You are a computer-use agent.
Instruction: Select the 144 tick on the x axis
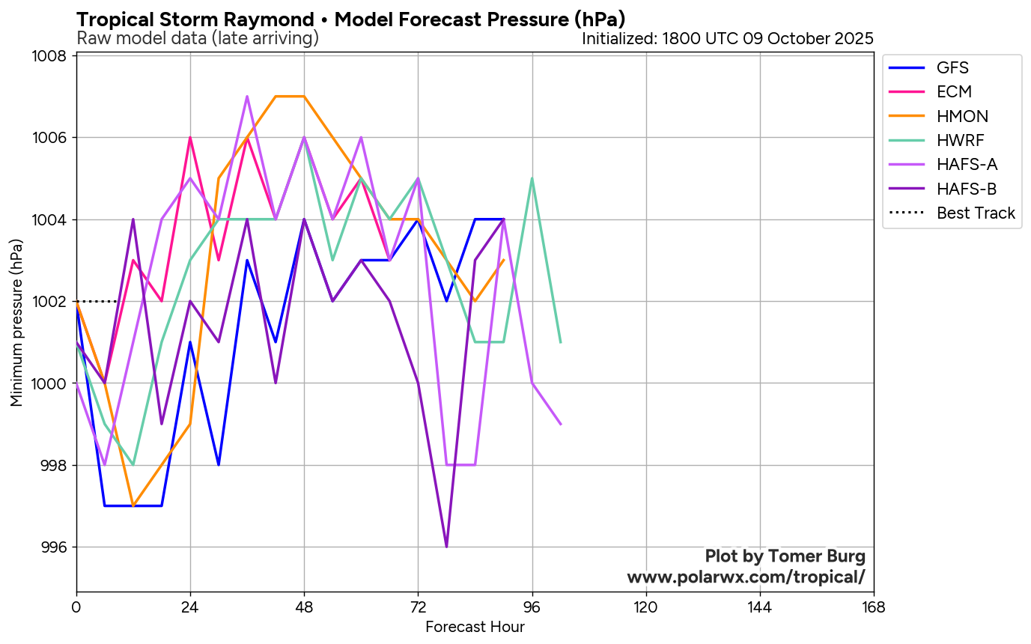pos(759,606)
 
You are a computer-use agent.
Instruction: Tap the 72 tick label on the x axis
pos(418,606)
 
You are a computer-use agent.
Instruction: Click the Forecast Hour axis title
pos(475,627)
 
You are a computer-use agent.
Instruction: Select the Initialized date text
pos(727,38)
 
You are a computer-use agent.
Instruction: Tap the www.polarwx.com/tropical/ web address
pos(746,577)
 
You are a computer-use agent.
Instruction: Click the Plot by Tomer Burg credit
pos(785,556)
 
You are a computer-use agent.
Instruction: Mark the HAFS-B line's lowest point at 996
pos(446,547)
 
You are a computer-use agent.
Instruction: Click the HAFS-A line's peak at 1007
pos(247,97)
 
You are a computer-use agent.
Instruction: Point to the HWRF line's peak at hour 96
pos(532,178)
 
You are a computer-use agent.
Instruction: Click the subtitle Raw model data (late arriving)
pos(198,38)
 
